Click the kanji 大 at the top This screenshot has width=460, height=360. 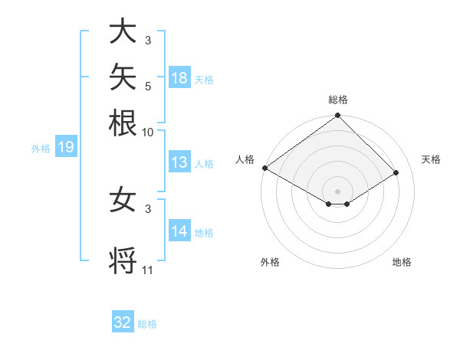pos(123,31)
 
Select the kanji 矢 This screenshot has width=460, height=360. pos(123,77)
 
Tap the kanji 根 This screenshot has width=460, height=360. pos(123,123)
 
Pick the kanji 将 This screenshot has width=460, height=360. pos(123,260)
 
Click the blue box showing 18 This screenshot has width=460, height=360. pos(179,77)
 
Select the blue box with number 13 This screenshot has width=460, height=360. pos(179,162)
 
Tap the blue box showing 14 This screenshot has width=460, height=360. pos(179,230)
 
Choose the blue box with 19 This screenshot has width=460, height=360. pos(66,146)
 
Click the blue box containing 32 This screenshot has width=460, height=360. pos(123,321)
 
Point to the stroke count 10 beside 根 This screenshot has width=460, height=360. pos(147,133)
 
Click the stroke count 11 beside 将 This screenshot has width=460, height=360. pos(147,270)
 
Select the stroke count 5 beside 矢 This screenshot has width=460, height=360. pos(148,87)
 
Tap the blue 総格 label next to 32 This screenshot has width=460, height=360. pos(147,324)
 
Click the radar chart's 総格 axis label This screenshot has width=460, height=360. pos(338,100)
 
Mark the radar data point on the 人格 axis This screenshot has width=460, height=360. pos(265,168)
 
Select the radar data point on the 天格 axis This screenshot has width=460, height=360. pos(396,172)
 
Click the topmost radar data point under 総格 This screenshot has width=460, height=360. pos(337,115)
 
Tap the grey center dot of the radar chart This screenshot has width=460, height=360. pos(337,191)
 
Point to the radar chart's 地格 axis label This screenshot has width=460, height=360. pos(402,262)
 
